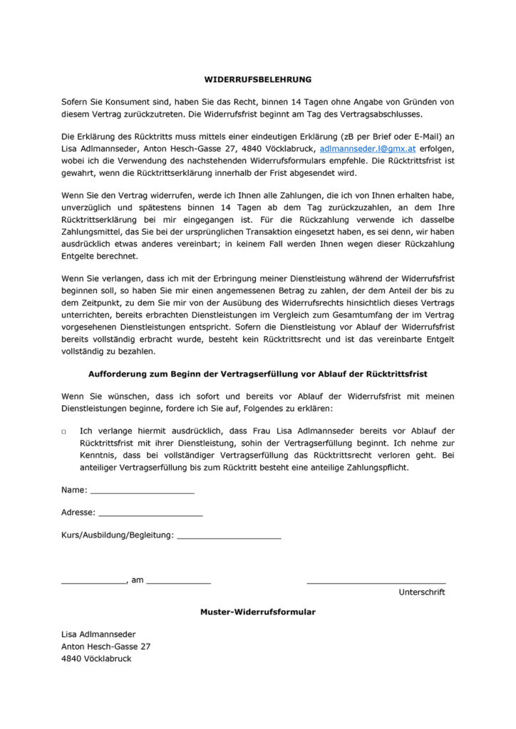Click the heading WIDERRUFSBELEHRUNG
(258, 80)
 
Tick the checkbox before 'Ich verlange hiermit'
(64, 432)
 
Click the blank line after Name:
(142, 491)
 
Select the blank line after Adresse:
(150, 513)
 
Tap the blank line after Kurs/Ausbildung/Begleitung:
(228, 535)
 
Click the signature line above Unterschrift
(376, 582)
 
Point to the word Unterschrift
(422, 592)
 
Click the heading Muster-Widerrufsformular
(258, 612)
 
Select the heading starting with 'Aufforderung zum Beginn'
(258, 374)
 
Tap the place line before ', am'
(93, 582)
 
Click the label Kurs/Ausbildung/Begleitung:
(118, 535)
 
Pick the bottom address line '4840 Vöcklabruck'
(96, 659)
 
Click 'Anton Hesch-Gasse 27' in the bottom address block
(106, 646)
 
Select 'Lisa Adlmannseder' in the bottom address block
(98, 634)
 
